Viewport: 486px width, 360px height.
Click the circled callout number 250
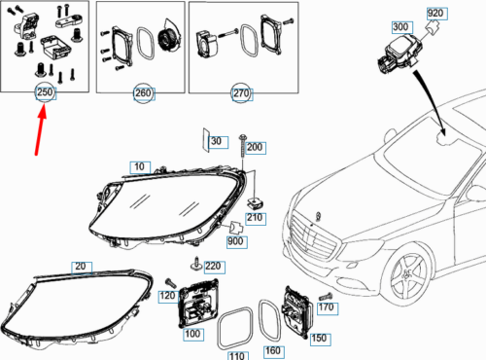pyautogui.click(x=45, y=92)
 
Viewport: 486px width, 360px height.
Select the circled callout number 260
pyautogui.click(x=143, y=93)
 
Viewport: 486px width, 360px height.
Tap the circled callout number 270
pyautogui.click(x=240, y=93)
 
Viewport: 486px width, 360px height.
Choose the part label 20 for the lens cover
pyautogui.click(x=79, y=267)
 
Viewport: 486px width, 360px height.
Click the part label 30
pyautogui.click(x=217, y=142)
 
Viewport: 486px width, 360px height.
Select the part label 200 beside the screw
pyautogui.click(x=255, y=147)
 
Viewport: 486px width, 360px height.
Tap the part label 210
pyautogui.click(x=255, y=217)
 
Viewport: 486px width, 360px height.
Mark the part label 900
pyautogui.click(x=235, y=241)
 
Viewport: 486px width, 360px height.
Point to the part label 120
pyautogui.click(x=166, y=295)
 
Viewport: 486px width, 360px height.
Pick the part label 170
pyautogui.click(x=326, y=308)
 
